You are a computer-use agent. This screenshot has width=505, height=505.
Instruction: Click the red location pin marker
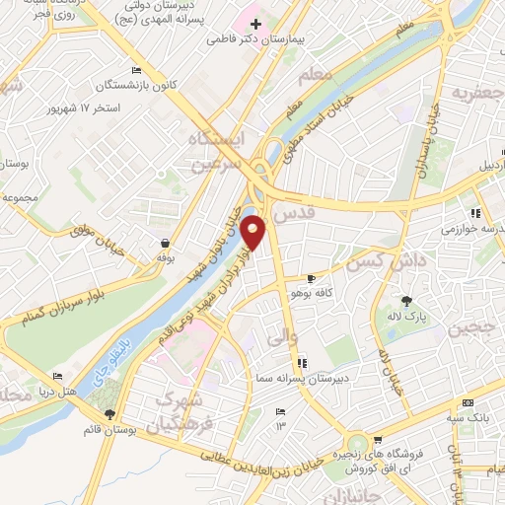[253, 232]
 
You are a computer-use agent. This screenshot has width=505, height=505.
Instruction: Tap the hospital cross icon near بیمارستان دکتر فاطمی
[256, 24]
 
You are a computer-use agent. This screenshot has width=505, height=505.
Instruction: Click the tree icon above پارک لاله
[405, 301]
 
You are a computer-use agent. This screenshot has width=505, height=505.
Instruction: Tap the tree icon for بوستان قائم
[109, 415]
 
